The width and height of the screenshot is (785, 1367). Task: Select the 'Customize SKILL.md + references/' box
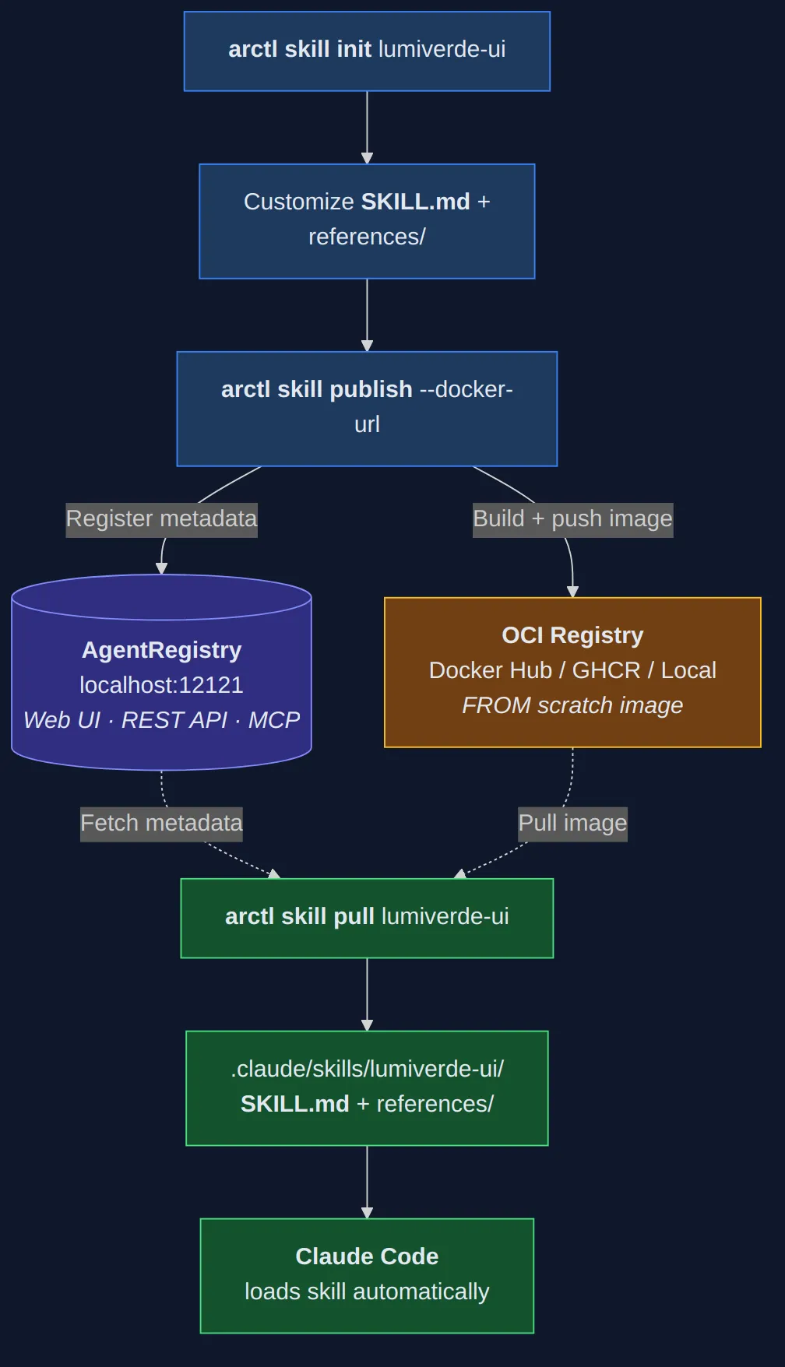(367, 220)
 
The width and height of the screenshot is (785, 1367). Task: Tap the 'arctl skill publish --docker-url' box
(367, 408)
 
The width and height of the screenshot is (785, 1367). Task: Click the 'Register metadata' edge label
(161, 519)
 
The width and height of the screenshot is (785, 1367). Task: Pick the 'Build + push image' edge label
(572, 519)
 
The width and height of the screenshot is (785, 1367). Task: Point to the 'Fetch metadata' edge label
(161, 824)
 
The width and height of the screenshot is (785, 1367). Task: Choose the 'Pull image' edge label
(572, 824)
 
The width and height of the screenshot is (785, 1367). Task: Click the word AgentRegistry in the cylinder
(161, 650)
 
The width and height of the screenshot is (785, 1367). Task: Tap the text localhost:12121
(161, 685)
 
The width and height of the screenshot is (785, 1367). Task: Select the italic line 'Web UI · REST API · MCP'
(161, 720)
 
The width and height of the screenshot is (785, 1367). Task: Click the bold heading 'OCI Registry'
(572, 635)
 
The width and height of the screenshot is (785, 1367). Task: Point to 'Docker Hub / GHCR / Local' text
(572, 670)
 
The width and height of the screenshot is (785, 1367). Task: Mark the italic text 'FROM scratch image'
(572, 705)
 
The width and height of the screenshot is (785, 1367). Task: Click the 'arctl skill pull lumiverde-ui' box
(367, 917)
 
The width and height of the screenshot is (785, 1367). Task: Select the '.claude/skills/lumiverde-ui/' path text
(367, 1069)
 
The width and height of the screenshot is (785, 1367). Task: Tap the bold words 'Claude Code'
(367, 1256)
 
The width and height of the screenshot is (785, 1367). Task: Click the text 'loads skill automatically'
(367, 1291)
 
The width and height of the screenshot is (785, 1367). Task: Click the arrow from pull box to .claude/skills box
(367, 994)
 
